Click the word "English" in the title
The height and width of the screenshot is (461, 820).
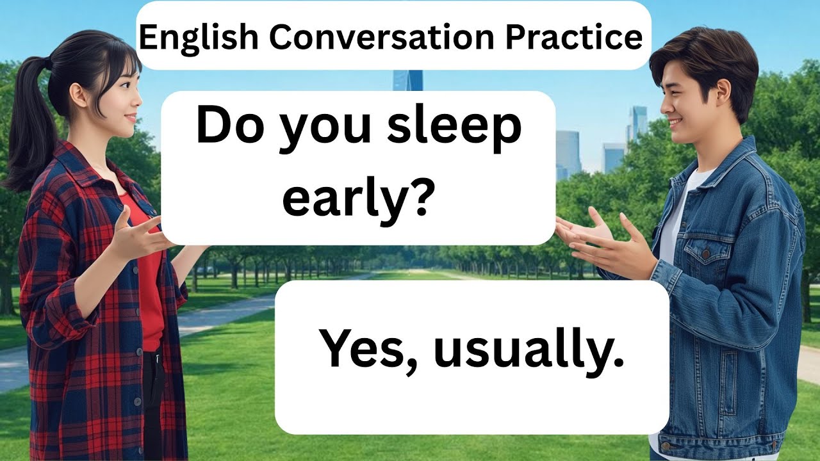[199, 38]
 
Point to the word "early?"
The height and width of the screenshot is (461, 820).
[356, 200]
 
